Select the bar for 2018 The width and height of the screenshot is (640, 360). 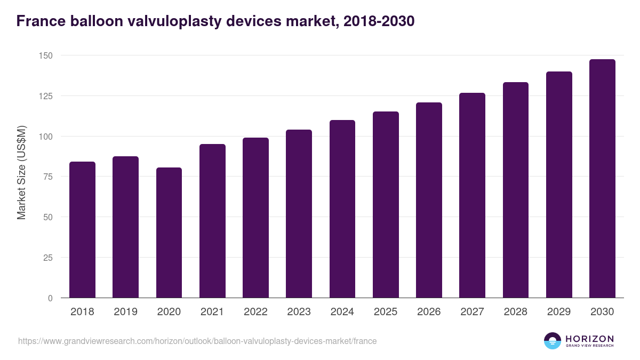[x=82, y=230]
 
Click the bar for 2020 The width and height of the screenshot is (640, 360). [x=169, y=233]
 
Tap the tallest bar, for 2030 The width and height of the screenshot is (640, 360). [x=602, y=179]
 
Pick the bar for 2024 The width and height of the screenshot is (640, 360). [x=342, y=209]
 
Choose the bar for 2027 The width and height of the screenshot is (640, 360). [x=472, y=195]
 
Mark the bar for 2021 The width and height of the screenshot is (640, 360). [x=212, y=221]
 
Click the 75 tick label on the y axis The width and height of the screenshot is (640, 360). [x=47, y=177]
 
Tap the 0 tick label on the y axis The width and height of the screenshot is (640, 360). [x=50, y=298]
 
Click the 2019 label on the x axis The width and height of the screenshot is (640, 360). [x=125, y=312]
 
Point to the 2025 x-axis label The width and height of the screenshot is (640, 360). [x=386, y=312]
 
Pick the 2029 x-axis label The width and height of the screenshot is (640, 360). [x=559, y=312]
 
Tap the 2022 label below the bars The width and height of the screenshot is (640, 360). [x=255, y=312]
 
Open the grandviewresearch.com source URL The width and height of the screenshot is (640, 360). [x=197, y=341]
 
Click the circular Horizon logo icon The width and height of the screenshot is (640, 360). [x=553, y=341]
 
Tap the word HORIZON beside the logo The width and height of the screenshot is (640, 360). [x=589, y=338]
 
